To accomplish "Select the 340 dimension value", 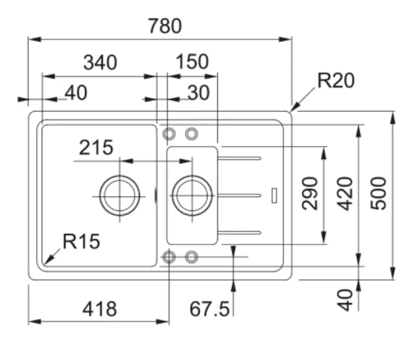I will click(x=100, y=63).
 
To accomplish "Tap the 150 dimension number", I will click(x=192, y=62).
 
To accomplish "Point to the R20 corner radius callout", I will click(x=336, y=81).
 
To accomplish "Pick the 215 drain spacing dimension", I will click(x=96, y=148).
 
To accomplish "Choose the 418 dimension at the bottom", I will click(x=100, y=310).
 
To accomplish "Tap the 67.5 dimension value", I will click(x=209, y=310).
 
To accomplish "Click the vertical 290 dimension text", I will click(x=310, y=193).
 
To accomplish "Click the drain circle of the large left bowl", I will click(x=120, y=196).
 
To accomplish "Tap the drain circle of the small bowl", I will click(x=192, y=196).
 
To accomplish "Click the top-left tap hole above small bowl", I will click(x=169, y=134).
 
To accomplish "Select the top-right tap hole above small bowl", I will click(x=191, y=134).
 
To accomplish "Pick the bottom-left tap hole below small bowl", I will click(x=169, y=257).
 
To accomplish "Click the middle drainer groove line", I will click(x=242, y=194).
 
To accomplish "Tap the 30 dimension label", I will click(x=198, y=93).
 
